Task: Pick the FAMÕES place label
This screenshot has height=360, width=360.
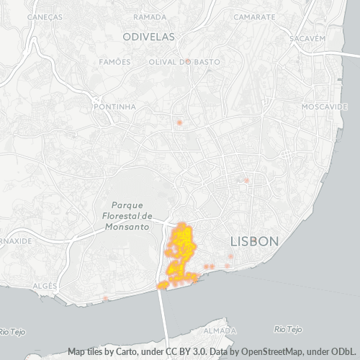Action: pyautogui.click(x=115, y=62)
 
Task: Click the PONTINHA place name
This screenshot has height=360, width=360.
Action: pyautogui.click(x=114, y=107)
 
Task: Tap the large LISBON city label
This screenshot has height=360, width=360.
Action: pyautogui.click(x=253, y=241)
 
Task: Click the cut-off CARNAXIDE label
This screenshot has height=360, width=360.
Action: pyautogui.click(x=16, y=241)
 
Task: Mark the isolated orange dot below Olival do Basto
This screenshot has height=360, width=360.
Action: pyautogui.click(x=179, y=122)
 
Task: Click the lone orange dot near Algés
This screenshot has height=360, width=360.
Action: pyautogui.click(x=106, y=298)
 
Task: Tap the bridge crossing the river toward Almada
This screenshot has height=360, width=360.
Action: pyautogui.click(x=163, y=317)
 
